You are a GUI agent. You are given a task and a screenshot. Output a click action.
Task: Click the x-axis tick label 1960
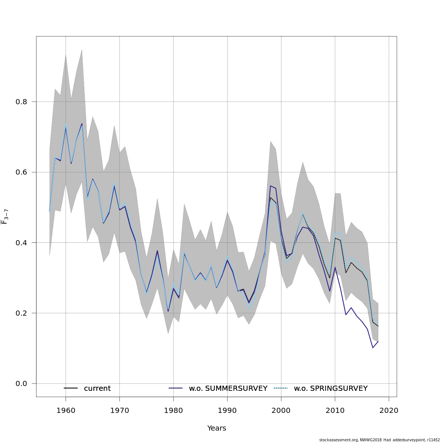tap(66, 410)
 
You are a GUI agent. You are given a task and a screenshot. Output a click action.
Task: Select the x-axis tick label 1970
tap(119, 410)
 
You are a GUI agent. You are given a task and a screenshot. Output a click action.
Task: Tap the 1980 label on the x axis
tap(173, 410)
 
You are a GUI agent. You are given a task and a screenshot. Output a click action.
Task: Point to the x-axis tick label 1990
tap(227, 410)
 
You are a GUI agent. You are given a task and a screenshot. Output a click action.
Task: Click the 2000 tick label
tap(281, 410)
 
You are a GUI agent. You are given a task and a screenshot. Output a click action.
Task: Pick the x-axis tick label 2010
tap(335, 410)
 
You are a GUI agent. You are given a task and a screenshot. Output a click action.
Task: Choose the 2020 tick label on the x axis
tap(389, 410)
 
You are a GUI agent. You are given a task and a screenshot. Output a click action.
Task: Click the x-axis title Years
tap(217, 428)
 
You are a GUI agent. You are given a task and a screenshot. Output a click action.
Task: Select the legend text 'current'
tap(97, 389)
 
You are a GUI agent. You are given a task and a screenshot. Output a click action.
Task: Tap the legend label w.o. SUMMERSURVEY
tap(228, 389)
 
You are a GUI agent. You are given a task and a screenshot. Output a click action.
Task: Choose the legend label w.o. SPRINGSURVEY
tap(330, 389)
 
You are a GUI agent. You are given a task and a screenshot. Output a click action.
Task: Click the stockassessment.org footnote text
tap(379, 440)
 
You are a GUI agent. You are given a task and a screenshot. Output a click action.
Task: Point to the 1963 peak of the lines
tap(82, 124)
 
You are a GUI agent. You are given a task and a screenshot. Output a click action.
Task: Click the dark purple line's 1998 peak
tap(270, 186)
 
